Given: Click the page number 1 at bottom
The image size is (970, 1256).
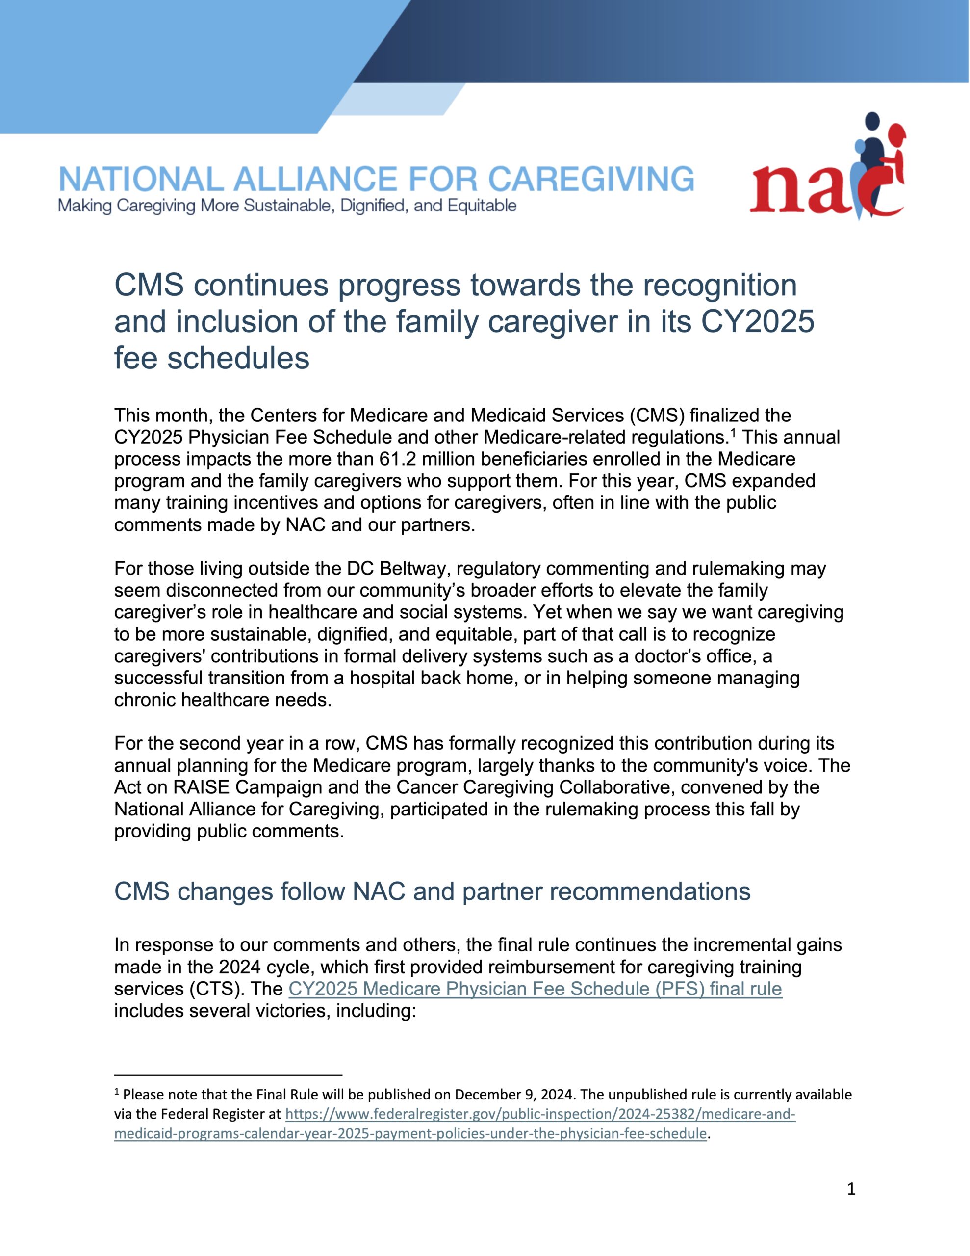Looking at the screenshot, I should [851, 1189].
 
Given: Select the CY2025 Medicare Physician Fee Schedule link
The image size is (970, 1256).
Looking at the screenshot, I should [535, 989].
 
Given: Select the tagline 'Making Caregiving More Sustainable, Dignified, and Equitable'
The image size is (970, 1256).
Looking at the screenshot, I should [287, 206].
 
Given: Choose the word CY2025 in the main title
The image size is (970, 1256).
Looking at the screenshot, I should [757, 321].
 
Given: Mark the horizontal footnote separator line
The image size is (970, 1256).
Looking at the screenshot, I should [228, 1074].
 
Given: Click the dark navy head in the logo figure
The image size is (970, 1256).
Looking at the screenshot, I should [872, 121].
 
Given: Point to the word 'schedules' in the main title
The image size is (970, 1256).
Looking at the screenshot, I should [238, 358].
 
